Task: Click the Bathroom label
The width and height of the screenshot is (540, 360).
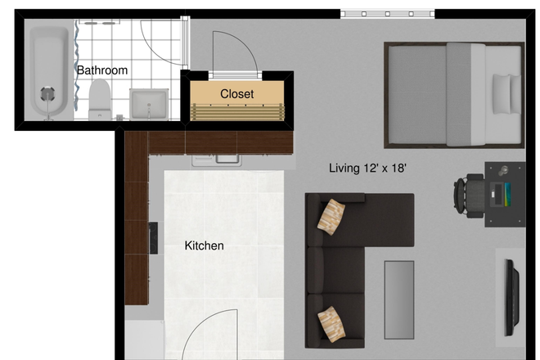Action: click(102, 70)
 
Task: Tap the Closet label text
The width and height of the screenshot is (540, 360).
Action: click(236, 94)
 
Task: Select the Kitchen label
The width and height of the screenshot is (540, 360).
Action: click(204, 245)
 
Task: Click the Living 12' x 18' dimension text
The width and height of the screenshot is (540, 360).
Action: click(367, 169)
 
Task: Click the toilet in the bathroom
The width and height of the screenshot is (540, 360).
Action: click(100, 99)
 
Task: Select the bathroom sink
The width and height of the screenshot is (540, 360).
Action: click(148, 105)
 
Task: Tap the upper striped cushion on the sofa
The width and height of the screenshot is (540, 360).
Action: click(333, 217)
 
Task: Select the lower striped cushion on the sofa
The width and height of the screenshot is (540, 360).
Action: click(331, 323)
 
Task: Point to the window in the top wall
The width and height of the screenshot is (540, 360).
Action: click(386, 14)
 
